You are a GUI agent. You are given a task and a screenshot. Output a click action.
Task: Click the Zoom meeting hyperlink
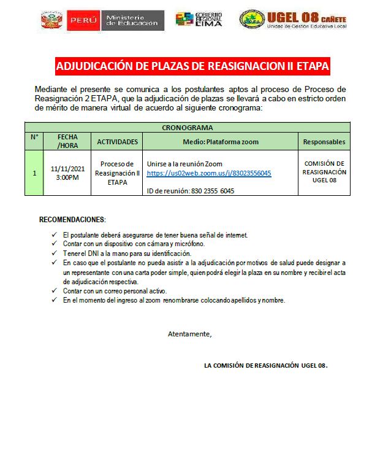209,174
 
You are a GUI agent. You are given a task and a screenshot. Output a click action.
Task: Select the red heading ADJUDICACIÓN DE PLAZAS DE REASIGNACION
192,66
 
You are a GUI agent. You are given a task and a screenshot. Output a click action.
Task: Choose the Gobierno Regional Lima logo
199,20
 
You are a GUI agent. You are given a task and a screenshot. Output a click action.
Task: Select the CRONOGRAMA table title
187,128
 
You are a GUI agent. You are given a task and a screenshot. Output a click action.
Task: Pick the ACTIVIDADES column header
117,142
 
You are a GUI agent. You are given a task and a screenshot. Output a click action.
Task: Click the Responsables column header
324,142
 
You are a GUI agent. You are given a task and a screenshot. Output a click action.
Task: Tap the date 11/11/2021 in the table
67,168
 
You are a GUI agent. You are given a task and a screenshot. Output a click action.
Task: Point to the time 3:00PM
67,177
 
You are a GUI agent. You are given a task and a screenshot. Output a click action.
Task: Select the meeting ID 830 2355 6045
191,191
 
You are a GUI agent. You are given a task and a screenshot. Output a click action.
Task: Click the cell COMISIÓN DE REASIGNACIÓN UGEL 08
324,172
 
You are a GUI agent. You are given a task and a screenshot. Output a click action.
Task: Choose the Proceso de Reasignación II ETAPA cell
117,173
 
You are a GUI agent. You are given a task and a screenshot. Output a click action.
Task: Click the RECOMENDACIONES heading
72,219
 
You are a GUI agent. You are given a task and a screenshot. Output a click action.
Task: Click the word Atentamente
189,334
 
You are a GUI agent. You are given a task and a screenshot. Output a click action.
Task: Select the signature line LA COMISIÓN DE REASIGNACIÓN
265,365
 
